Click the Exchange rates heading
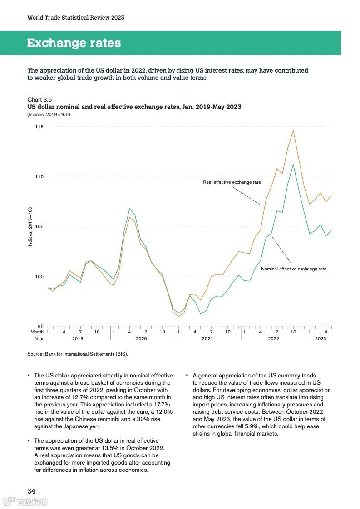(74, 43)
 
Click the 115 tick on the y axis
(39, 127)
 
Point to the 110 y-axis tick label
(39, 176)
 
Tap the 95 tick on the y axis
(40, 326)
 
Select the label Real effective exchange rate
(232, 182)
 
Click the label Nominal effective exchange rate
(293, 269)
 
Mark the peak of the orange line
(293, 131)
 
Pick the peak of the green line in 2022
(293, 164)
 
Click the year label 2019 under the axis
(78, 339)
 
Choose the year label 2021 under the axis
(207, 339)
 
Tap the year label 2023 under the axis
(320, 339)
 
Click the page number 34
(31, 491)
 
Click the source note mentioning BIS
(78, 354)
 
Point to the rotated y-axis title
(30, 226)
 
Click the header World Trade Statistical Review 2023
(75, 18)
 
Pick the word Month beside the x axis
(37, 332)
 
